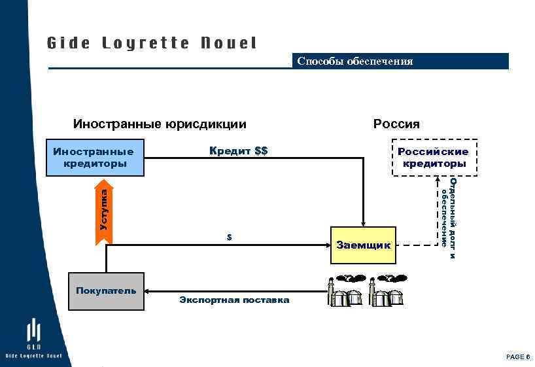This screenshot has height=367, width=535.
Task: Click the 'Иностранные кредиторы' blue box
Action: [x=95, y=158]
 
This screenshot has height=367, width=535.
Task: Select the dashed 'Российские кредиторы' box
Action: [x=434, y=158]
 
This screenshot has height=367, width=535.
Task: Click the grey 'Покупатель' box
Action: [x=106, y=291]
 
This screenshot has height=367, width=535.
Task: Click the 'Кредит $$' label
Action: [x=238, y=151]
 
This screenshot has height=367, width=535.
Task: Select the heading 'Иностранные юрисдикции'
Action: [x=160, y=124]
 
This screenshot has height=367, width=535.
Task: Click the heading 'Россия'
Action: [x=396, y=124]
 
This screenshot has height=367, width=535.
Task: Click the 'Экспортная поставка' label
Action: [x=233, y=300]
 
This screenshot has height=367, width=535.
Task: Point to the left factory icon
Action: [x=345, y=290]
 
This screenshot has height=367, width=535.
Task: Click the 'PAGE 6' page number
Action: [x=517, y=357]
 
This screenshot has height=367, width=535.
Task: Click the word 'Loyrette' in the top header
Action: [x=146, y=43]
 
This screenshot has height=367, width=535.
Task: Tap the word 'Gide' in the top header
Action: [x=69, y=43]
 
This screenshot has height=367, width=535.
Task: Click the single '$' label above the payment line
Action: [x=229, y=237]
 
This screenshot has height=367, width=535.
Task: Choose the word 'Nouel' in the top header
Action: [x=229, y=43]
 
